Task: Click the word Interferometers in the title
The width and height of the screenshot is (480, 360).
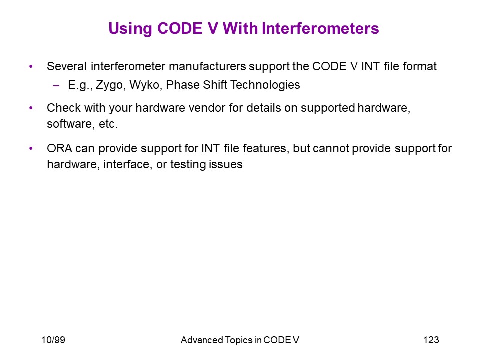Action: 320,29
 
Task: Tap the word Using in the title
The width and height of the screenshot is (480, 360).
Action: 130,29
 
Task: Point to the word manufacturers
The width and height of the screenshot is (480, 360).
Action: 207,66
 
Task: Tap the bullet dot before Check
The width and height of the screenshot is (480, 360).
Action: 31,108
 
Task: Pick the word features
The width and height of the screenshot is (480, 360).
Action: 266,149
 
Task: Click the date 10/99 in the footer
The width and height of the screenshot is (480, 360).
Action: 53,340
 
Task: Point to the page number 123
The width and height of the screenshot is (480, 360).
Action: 431,340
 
